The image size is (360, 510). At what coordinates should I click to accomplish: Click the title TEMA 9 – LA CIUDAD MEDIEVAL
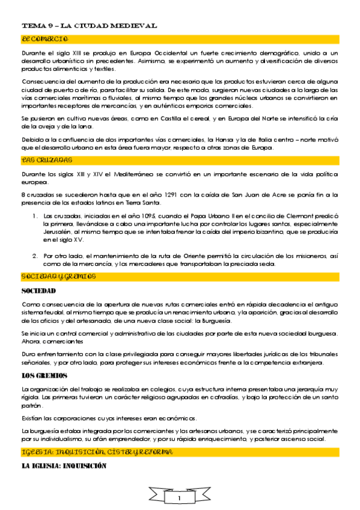(x=90, y=26)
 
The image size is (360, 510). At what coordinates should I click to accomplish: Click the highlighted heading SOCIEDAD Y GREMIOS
(x=59, y=277)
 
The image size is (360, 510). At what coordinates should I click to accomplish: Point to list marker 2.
(x=35, y=256)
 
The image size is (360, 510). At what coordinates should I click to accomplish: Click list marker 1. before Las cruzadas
(x=35, y=215)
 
